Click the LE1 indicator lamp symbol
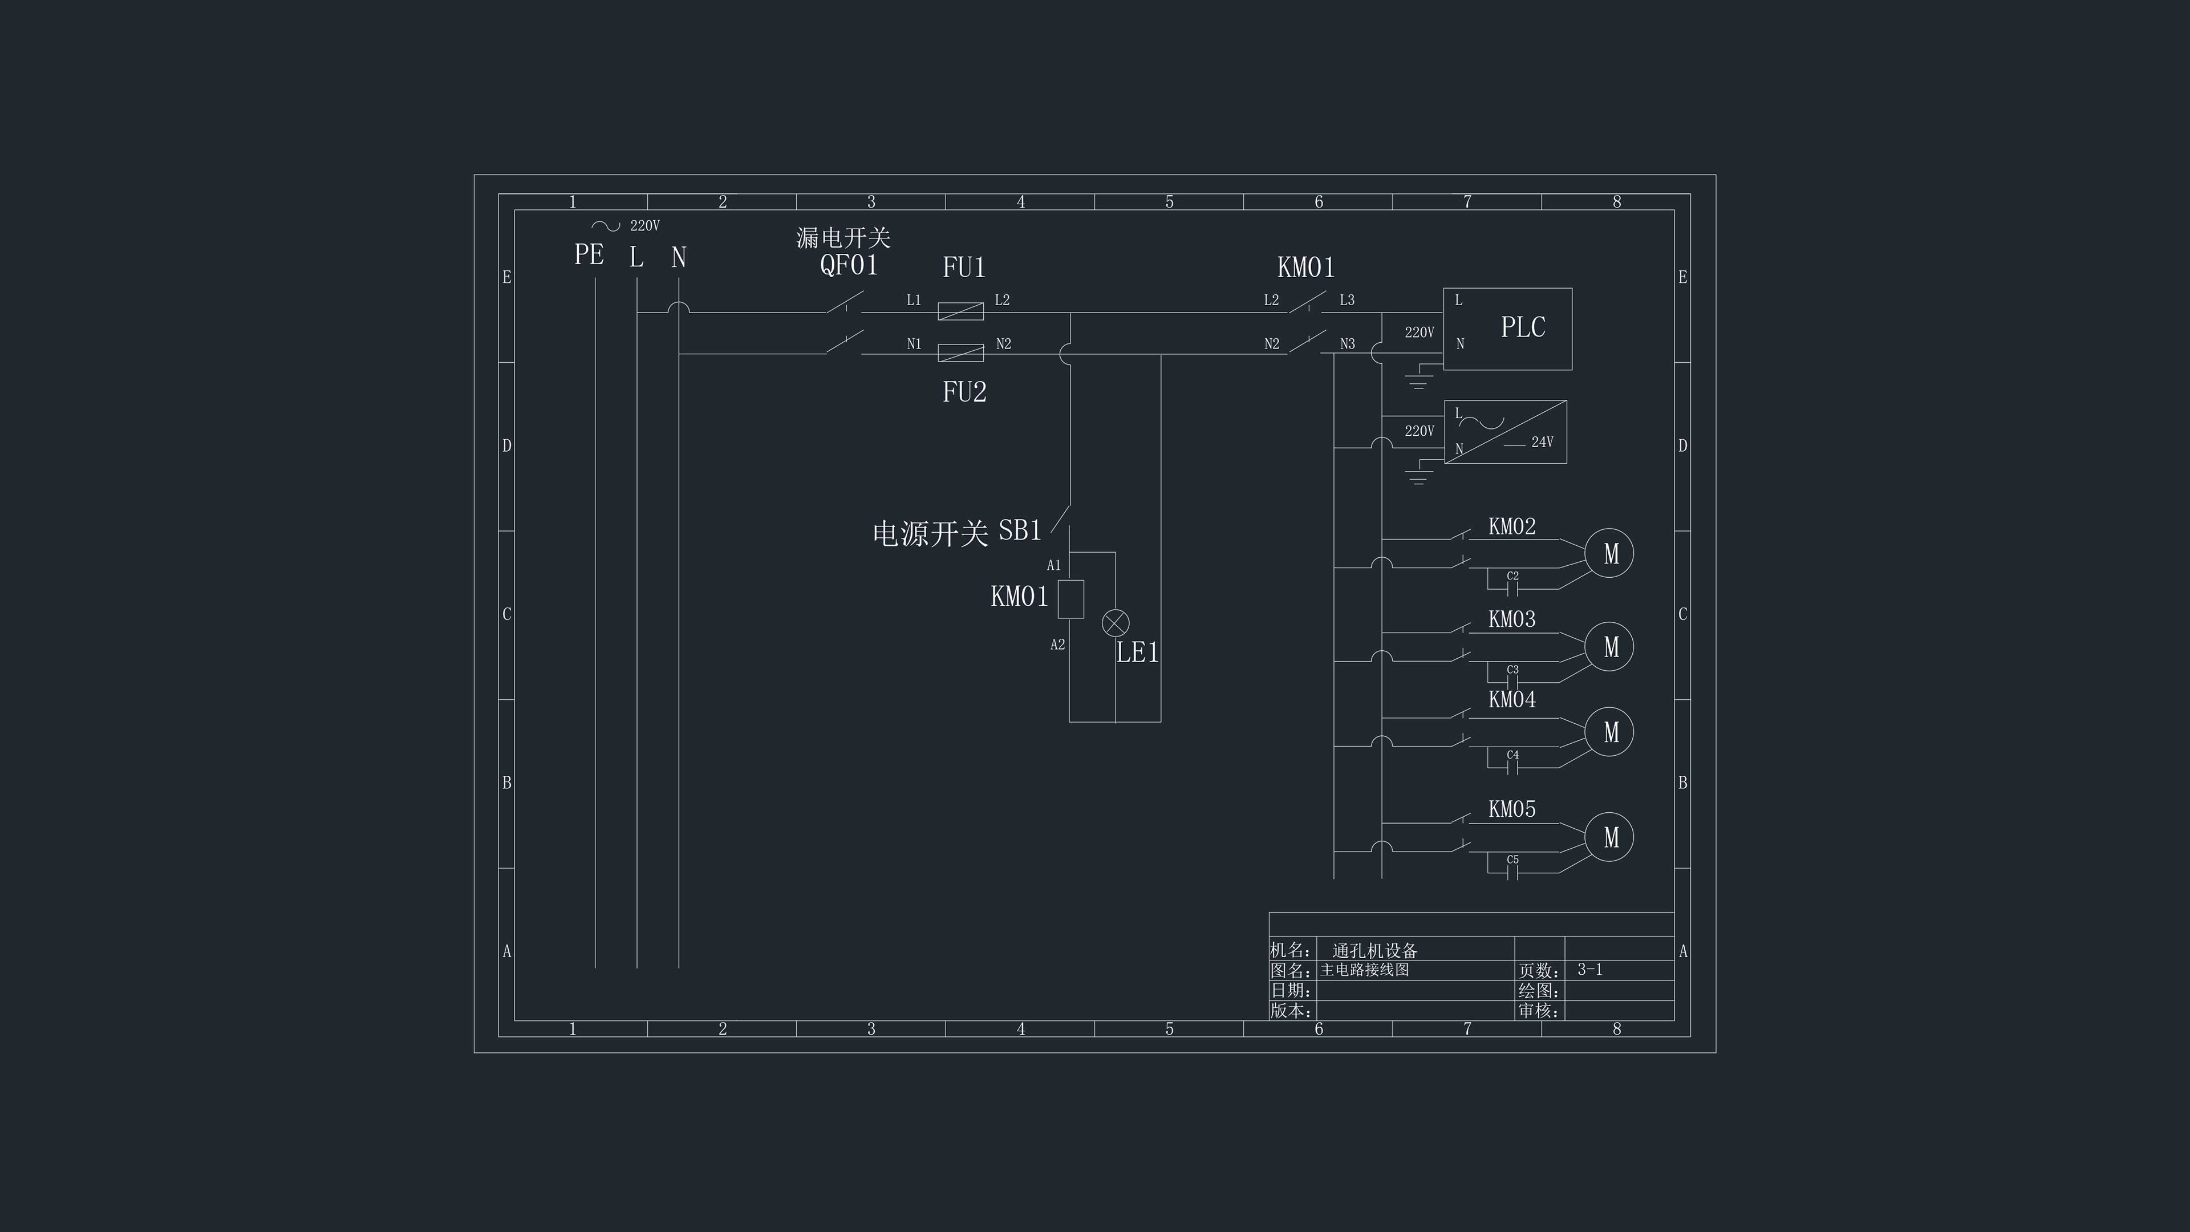point(1116,623)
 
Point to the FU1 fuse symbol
point(960,311)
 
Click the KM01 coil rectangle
point(1070,598)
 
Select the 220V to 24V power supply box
point(1506,432)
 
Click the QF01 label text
point(849,265)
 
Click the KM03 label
point(1511,619)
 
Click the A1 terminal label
point(1054,565)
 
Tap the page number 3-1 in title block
point(1590,969)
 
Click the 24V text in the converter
point(1542,442)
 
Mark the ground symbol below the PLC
point(1417,382)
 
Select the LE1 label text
point(1138,653)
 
